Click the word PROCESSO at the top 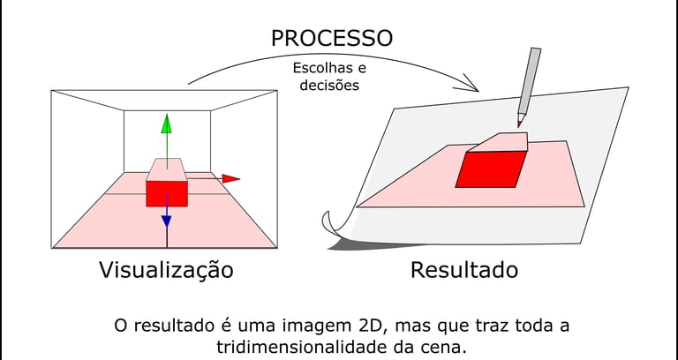click(332, 38)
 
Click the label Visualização click(166, 270)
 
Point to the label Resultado click(463, 270)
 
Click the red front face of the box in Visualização click(166, 193)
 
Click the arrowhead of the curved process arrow click(472, 86)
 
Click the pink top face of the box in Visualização click(166, 169)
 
